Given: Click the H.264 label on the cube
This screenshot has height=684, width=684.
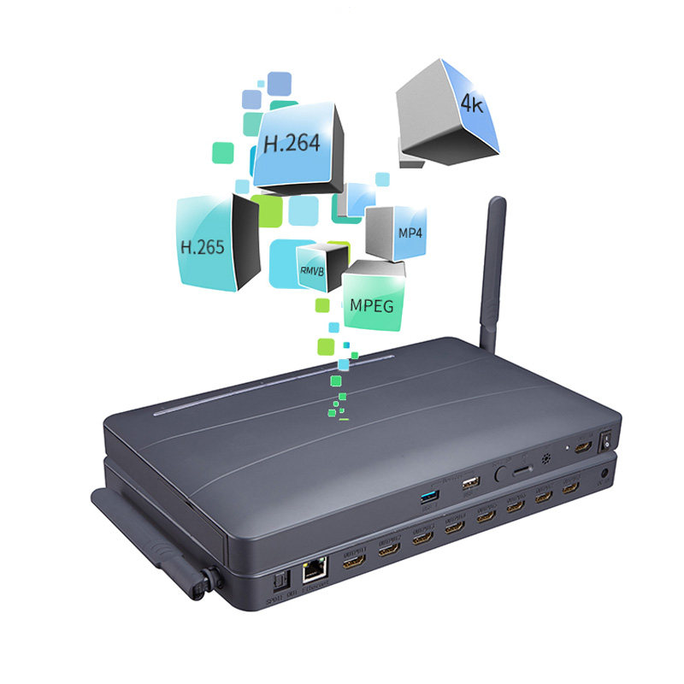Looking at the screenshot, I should tap(292, 142).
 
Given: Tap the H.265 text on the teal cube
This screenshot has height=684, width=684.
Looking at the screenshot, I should tap(202, 248).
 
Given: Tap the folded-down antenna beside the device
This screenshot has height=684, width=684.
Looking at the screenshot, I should tap(154, 547).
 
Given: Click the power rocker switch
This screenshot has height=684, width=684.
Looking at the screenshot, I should tap(607, 440).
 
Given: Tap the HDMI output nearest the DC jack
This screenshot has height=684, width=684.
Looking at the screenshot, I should tap(569, 489).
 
